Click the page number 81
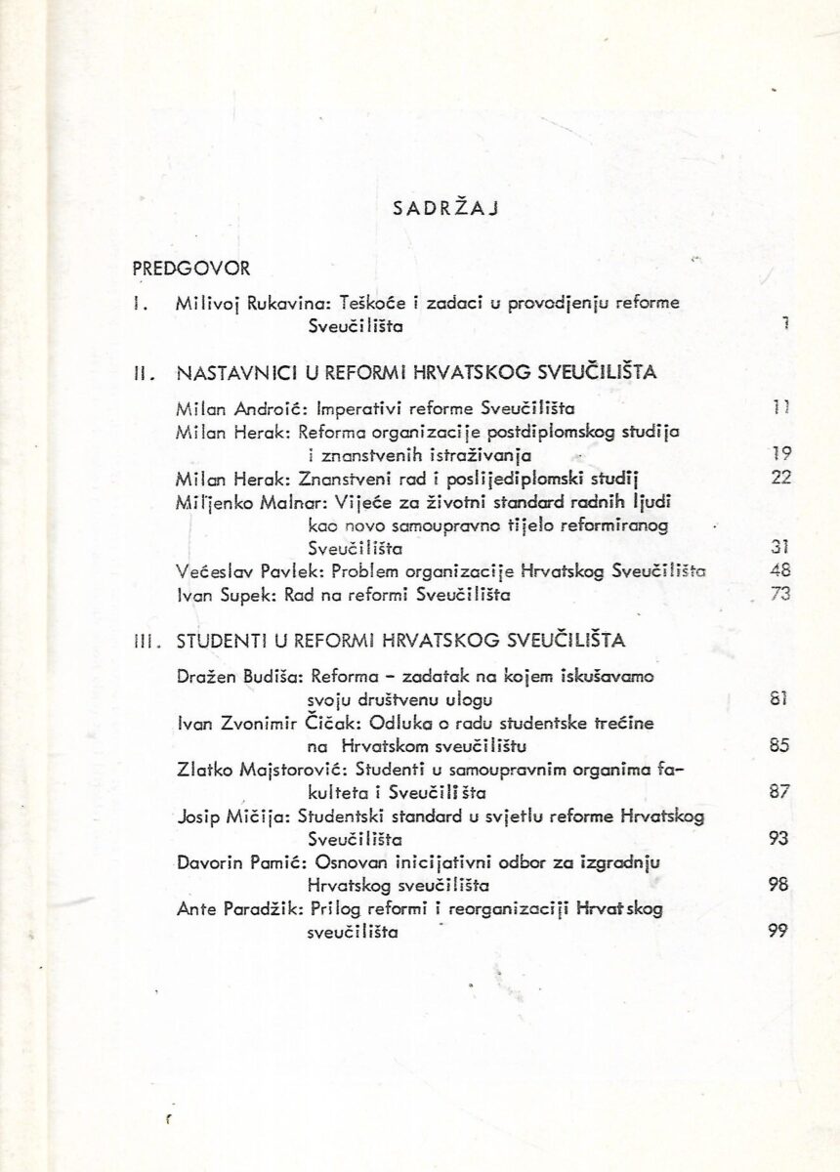(778, 697)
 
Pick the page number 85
(778, 747)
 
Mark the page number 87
(778, 793)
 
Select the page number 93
(778, 838)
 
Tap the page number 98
(778, 885)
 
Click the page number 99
(778, 931)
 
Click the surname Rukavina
(258, 304)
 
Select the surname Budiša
(265, 676)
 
